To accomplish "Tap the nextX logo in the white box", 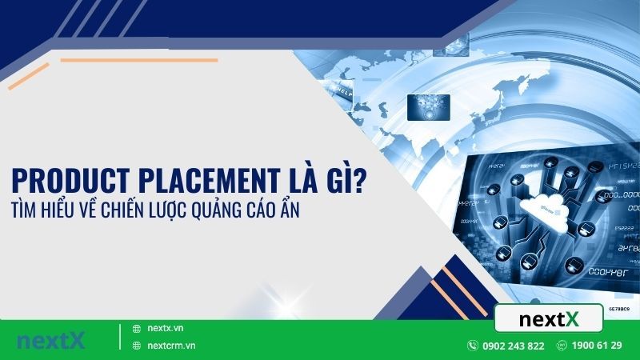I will pos(548,318).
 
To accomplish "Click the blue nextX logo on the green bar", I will pos(50,339).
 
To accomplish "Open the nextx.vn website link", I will pos(166,329).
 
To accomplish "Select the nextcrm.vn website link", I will pos(171,346).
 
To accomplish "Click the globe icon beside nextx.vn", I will pos(136,329).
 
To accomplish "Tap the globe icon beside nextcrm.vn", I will pos(136,346).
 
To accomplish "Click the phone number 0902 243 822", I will pos(514,346).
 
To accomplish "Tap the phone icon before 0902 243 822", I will pos(474,346).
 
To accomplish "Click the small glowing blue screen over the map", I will pos(428,106).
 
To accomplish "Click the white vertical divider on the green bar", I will pos(120,338).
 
